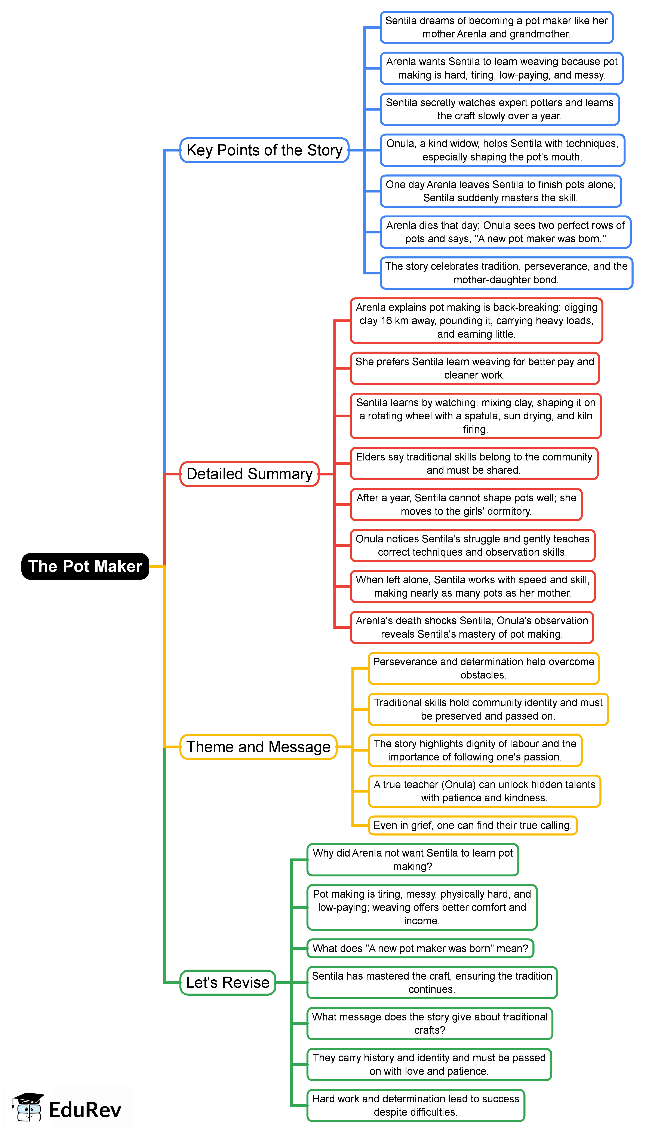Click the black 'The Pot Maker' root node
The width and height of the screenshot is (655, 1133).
pyautogui.click(x=85, y=566)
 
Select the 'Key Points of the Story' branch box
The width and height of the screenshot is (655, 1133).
pyautogui.click(x=264, y=150)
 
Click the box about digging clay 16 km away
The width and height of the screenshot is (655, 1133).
pyautogui.click(x=476, y=321)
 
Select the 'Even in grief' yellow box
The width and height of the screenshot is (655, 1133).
pyautogui.click(x=473, y=826)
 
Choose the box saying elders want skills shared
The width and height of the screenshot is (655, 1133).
pyautogui.click(x=474, y=463)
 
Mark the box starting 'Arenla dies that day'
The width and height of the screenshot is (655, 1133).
pyautogui.click(x=505, y=232)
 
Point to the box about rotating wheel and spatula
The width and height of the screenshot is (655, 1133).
pyautogui.click(x=476, y=416)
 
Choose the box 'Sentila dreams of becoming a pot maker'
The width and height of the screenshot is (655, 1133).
pyautogui.click(x=496, y=27)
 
